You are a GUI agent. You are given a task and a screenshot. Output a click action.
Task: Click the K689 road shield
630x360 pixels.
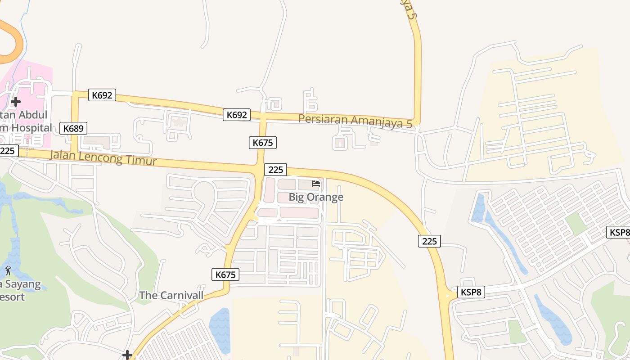(x=73, y=128)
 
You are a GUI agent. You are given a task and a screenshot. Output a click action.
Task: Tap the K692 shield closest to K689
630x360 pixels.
(x=102, y=95)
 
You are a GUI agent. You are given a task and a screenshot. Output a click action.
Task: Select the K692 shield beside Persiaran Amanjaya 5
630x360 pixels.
(x=237, y=115)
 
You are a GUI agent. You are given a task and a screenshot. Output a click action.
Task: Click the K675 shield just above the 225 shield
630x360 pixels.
(x=262, y=143)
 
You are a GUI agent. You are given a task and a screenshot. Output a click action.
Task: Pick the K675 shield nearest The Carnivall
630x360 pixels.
(x=225, y=274)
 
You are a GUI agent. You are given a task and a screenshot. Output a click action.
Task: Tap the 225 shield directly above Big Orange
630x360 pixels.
(x=275, y=170)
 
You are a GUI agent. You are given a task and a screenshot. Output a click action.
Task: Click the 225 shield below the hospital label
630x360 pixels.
(x=8, y=151)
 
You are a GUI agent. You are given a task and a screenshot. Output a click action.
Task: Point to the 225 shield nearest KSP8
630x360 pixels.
(x=429, y=241)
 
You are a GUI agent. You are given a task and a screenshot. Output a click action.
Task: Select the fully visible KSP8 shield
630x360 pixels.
(x=471, y=292)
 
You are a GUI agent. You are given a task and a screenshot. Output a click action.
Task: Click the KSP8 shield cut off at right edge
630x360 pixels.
(x=619, y=232)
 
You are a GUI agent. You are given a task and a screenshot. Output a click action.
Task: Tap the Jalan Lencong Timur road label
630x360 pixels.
(x=103, y=158)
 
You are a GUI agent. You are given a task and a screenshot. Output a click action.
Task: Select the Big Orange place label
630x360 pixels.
(x=316, y=197)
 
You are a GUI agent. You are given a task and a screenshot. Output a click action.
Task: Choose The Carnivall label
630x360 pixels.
(x=171, y=296)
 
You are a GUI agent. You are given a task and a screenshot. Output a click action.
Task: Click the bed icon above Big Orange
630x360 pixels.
(x=316, y=184)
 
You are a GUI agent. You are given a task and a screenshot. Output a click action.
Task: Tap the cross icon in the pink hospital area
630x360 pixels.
(x=16, y=101)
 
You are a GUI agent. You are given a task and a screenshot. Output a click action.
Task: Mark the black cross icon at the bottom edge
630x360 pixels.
(x=127, y=355)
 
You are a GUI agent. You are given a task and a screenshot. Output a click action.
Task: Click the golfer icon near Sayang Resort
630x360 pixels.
(x=8, y=270)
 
